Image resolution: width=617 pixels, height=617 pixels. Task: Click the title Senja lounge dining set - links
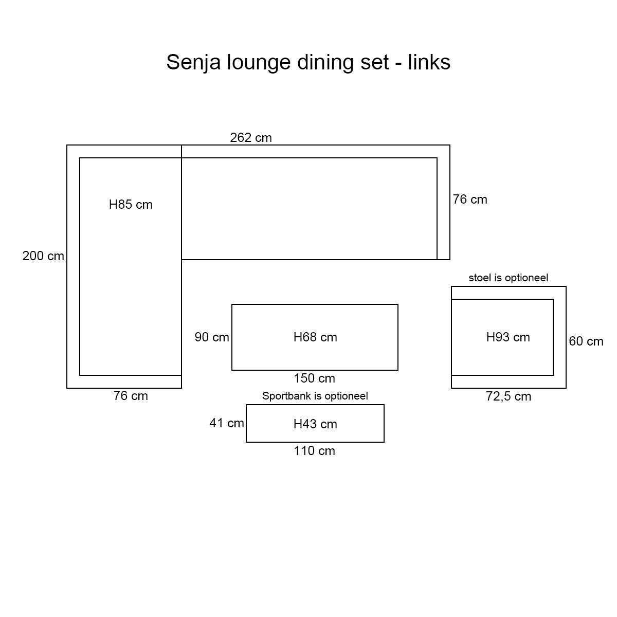[308, 62]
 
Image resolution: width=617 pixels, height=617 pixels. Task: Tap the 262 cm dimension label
[251, 138]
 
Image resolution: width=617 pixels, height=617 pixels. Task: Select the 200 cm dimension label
[43, 256]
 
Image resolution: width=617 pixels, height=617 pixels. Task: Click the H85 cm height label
[131, 205]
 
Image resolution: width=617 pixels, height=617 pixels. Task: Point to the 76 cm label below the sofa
[131, 396]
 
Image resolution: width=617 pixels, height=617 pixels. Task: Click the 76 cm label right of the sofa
[470, 199]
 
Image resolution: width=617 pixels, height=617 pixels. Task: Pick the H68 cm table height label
[315, 337]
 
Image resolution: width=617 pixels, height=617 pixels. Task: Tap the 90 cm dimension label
[212, 337]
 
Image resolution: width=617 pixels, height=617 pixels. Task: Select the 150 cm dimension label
[314, 378]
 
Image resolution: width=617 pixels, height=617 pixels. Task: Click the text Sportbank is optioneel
[315, 396]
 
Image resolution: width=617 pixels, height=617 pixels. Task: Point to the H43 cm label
[315, 424]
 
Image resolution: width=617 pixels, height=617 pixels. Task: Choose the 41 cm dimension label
[226, 423]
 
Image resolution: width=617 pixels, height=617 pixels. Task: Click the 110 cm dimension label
[314, 451]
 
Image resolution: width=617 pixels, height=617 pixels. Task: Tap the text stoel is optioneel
[508, 278]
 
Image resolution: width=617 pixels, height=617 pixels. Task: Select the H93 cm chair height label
[508, 337]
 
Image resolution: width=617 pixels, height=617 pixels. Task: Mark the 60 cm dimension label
[586, 341]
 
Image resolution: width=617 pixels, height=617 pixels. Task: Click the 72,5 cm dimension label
[509, 396]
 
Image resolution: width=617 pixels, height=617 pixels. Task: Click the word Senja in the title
[191, 62]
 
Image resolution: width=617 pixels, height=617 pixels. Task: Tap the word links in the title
[429, 62]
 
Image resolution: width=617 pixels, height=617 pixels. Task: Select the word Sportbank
[283, 396]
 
